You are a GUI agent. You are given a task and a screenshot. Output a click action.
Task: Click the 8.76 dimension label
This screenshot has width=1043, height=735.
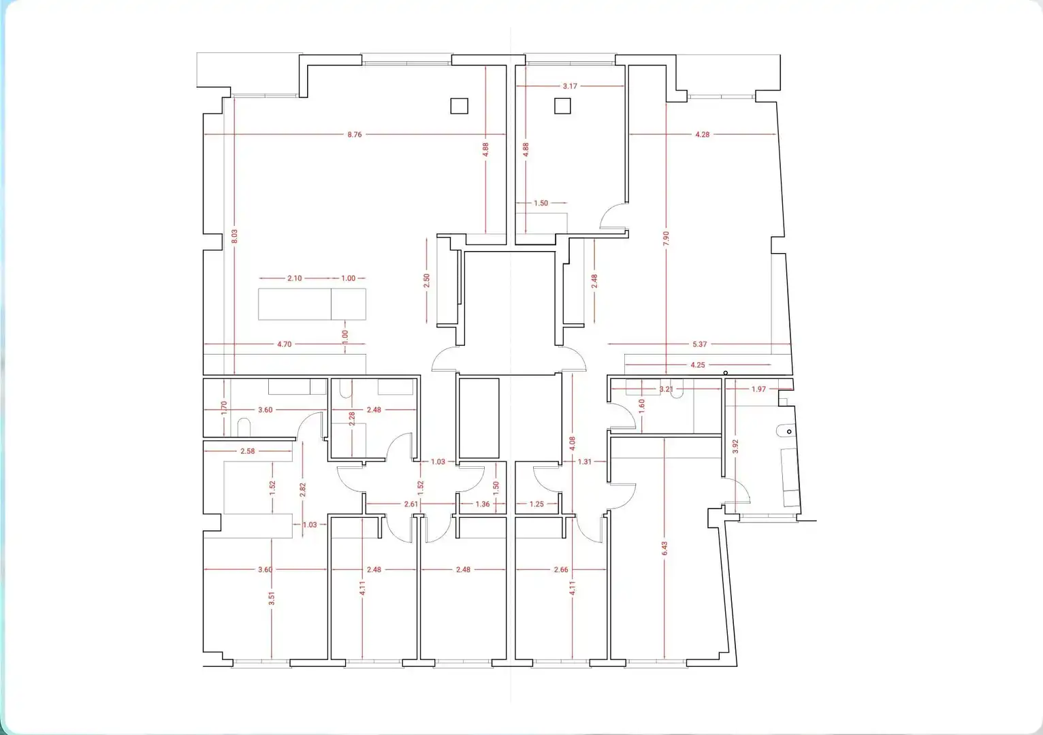354,135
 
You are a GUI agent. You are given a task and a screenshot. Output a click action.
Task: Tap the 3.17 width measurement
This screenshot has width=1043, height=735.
570,86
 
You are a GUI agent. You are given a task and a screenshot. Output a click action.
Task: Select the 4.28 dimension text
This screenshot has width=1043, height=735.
702,135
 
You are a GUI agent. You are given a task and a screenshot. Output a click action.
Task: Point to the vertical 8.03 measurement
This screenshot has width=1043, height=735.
235,236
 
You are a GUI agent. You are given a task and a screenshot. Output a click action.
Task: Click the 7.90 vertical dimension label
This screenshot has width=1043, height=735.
667,238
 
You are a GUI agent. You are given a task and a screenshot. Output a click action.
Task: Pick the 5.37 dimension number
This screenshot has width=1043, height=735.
699,344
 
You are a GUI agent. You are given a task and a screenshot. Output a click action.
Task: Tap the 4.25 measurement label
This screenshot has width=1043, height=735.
698,365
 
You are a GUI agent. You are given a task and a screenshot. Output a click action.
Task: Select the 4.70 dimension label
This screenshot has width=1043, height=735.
284,344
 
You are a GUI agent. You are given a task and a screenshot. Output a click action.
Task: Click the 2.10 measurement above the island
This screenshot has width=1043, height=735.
294,278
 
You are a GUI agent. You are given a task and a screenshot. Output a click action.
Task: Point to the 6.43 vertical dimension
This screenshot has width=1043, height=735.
665,549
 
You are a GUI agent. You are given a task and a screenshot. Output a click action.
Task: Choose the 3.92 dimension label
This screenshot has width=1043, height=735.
736,446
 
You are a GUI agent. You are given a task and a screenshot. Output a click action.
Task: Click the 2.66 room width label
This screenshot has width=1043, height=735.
560,570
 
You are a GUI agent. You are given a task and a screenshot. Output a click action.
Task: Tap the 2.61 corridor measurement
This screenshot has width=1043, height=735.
411,504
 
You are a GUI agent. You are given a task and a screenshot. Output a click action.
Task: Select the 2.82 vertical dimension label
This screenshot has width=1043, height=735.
303,490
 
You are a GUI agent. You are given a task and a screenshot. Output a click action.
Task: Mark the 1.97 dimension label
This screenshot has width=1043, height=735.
758,389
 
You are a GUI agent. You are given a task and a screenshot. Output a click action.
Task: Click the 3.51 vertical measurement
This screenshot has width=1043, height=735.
272,598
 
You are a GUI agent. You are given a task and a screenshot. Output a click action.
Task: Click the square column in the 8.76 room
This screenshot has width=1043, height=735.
459,106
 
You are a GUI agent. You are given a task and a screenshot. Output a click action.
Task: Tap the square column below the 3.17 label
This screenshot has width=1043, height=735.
562,106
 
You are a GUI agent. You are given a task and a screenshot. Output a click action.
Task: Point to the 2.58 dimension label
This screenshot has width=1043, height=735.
247,451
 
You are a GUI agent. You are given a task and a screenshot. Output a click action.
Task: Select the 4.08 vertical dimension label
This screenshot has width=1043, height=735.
573,443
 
